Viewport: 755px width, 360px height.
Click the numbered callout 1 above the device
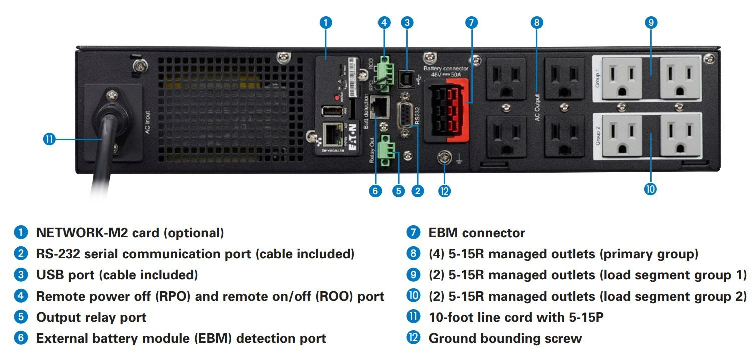point(326,22)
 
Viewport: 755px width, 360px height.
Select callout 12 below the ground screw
point(444,190)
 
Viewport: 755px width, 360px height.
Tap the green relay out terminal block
point(386,149)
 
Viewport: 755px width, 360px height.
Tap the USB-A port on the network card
point(330,111)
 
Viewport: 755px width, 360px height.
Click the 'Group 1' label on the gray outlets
point(598,79)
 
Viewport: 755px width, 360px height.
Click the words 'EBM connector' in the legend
point(477,233)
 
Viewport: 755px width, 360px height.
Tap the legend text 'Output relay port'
point(91,317)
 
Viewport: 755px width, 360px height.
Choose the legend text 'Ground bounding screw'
point(505,338)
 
